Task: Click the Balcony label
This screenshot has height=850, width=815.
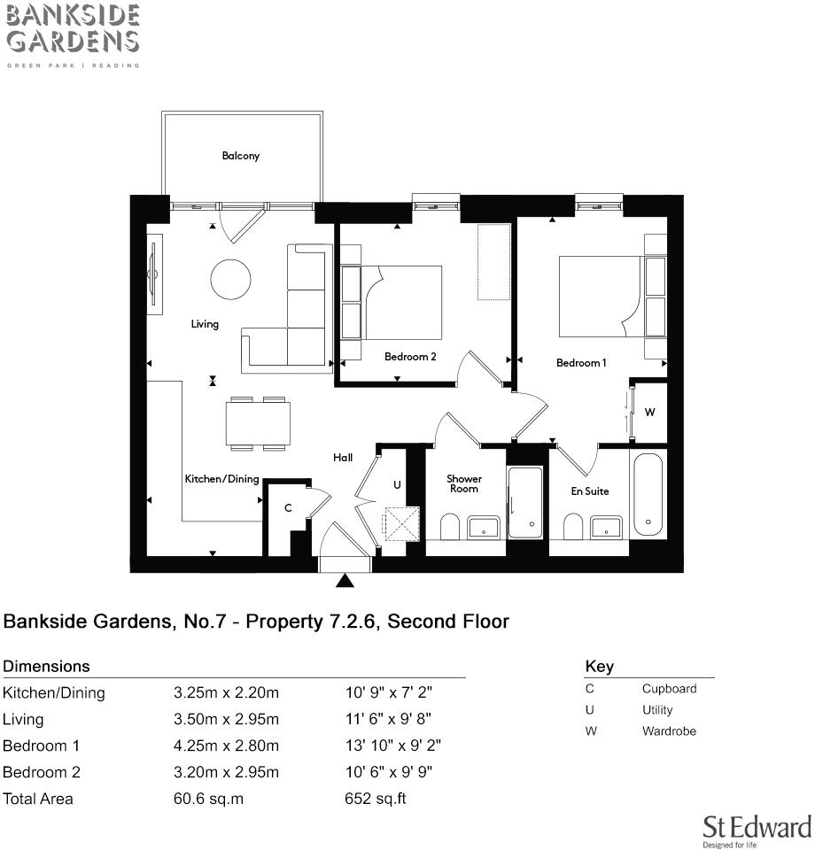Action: point(240,156)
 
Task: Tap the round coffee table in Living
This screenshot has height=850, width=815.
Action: point(230,279)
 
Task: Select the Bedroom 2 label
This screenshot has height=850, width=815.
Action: point(410,357)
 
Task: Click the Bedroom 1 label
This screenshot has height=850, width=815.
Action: point(581,363)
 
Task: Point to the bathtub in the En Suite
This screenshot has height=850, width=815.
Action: point(648,493)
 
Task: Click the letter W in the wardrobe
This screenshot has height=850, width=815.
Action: point(649,413)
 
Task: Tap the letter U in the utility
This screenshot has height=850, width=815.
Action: point(397,485)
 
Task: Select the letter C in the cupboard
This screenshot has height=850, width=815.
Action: point(288,508)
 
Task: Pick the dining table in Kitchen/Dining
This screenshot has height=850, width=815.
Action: point(258,423)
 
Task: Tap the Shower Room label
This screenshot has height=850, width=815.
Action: point(463,483)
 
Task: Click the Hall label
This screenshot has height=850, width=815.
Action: point(343,458)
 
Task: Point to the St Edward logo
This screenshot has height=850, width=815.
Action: point(757,830)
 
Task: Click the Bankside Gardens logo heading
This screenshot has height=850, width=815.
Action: point(73,29)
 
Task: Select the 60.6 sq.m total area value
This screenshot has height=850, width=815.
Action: point(208,799)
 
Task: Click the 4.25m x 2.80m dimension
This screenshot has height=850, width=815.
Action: point(226,746)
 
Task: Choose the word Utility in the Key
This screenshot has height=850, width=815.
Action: point(657,710)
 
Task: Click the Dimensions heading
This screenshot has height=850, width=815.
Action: point(46,667)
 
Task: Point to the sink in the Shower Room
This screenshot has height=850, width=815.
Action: point(484,528)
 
